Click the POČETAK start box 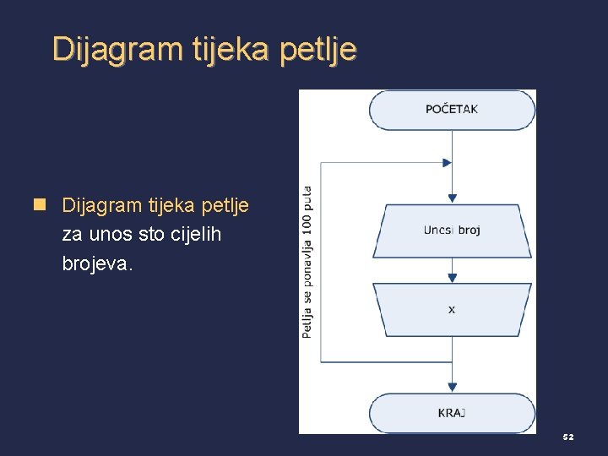click(x=452, y=110)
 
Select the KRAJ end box click(x=452, y=413)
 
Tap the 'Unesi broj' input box click(x=452, y=231)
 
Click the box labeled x click(x=452, y=310)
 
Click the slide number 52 click(x=568, y=437)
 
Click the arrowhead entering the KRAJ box click(x=452, y=388)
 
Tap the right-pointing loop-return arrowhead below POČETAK click(x=447, y=163)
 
